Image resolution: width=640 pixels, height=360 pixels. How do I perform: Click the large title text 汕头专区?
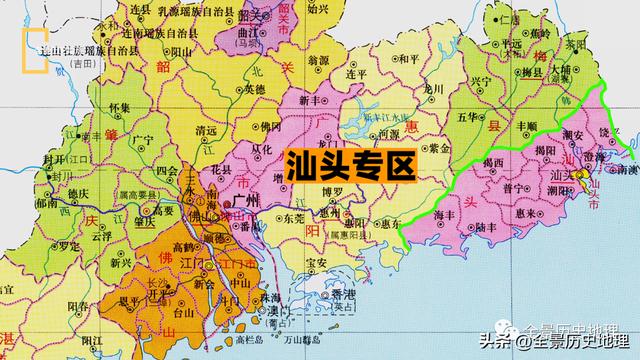(x=349, y=164)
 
